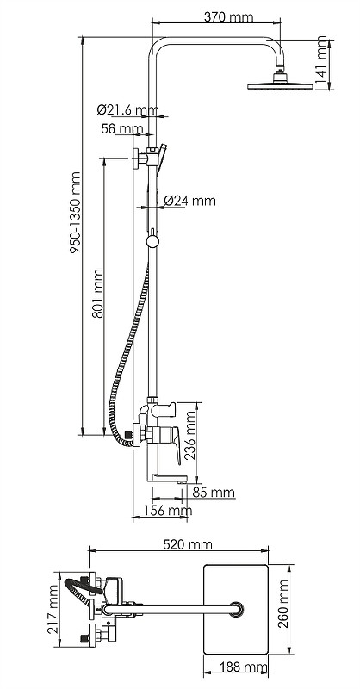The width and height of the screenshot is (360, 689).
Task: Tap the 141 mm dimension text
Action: coord(321,61)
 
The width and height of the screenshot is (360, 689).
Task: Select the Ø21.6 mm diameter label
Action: coord(127,109)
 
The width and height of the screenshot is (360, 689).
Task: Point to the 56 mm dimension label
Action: coord(121,128)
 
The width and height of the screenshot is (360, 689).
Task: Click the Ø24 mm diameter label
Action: coord(189,201)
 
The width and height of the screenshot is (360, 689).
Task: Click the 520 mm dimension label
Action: coord(187,544)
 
